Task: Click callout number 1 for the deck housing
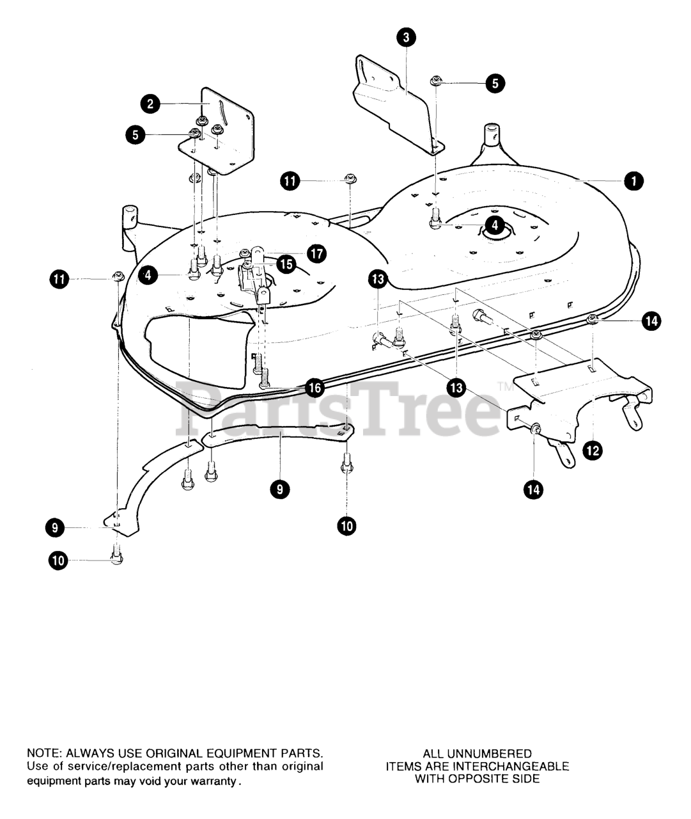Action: (x=633, y=181)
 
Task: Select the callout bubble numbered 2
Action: (x=150, y=104)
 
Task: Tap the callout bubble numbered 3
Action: (x=406, y=38)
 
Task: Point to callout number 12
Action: (x=593, y=450)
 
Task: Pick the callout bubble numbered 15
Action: (x=286, y=264)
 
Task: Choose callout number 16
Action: (x=314, y=387)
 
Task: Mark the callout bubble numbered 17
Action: (x=316, y=253)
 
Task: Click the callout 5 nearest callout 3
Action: (x=495, y=83)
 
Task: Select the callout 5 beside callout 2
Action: (x=135, y=134)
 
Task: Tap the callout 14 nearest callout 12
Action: (x=532, y=489)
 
